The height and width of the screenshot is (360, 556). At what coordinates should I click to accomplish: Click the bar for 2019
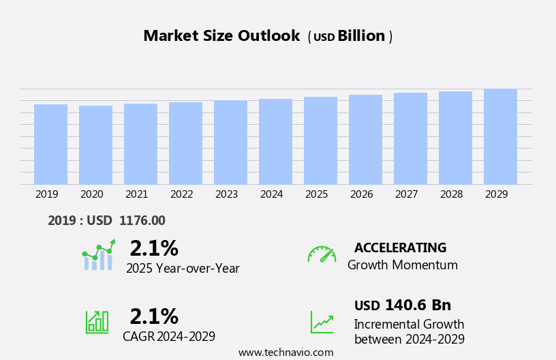pos(50,145)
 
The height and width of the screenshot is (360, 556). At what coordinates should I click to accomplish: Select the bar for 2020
pos(95,145)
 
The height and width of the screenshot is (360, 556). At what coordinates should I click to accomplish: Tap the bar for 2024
pos(275,142)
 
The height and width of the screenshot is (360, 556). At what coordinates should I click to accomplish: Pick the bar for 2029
pos(500,137)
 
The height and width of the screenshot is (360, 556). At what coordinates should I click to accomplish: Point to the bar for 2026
pos(365,140)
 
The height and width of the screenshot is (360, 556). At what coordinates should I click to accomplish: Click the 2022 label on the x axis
pos(182,194)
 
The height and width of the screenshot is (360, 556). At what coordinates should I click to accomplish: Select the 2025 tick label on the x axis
pos(317,194)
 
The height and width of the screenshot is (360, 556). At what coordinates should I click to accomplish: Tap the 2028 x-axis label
pos(452,194)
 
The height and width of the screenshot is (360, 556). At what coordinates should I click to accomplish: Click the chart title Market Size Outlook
pos(221,36)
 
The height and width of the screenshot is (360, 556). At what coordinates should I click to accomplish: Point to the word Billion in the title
pos(361,36)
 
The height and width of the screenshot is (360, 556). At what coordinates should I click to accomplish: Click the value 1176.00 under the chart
pos(142,220)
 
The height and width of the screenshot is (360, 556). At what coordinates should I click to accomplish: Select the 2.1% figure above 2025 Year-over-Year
pos(154,248)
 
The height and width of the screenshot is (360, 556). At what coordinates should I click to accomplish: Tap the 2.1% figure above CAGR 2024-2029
pos(154,316)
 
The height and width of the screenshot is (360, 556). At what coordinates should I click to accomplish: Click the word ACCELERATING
pos(400,247)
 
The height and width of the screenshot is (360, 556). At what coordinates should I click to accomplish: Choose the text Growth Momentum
pos(403,265)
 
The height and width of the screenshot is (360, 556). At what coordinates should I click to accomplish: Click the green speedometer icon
pos(322,254)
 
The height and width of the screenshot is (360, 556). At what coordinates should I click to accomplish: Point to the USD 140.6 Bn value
pos(403,305)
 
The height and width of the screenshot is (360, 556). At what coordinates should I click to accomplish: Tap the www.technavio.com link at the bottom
pos(285,352)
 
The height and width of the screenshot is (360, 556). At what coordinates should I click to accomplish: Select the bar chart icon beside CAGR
pos(97,321)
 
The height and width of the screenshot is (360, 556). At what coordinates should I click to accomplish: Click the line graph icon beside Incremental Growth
pos(322,322)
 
